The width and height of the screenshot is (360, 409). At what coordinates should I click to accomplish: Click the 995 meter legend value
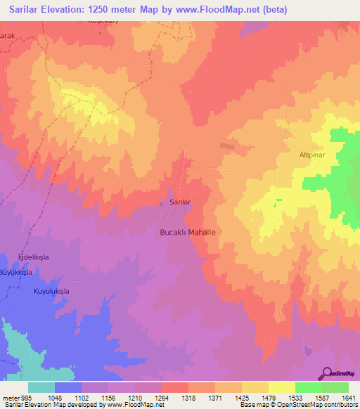point(15,396)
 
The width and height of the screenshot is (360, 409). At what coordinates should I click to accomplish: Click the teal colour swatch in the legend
point(41,387)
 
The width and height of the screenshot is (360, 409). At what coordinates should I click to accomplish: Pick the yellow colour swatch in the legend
point(281,387)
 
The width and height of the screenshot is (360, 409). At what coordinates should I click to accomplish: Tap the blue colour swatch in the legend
point(68,387)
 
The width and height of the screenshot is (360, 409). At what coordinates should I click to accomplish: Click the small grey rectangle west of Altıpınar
point(227,146)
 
